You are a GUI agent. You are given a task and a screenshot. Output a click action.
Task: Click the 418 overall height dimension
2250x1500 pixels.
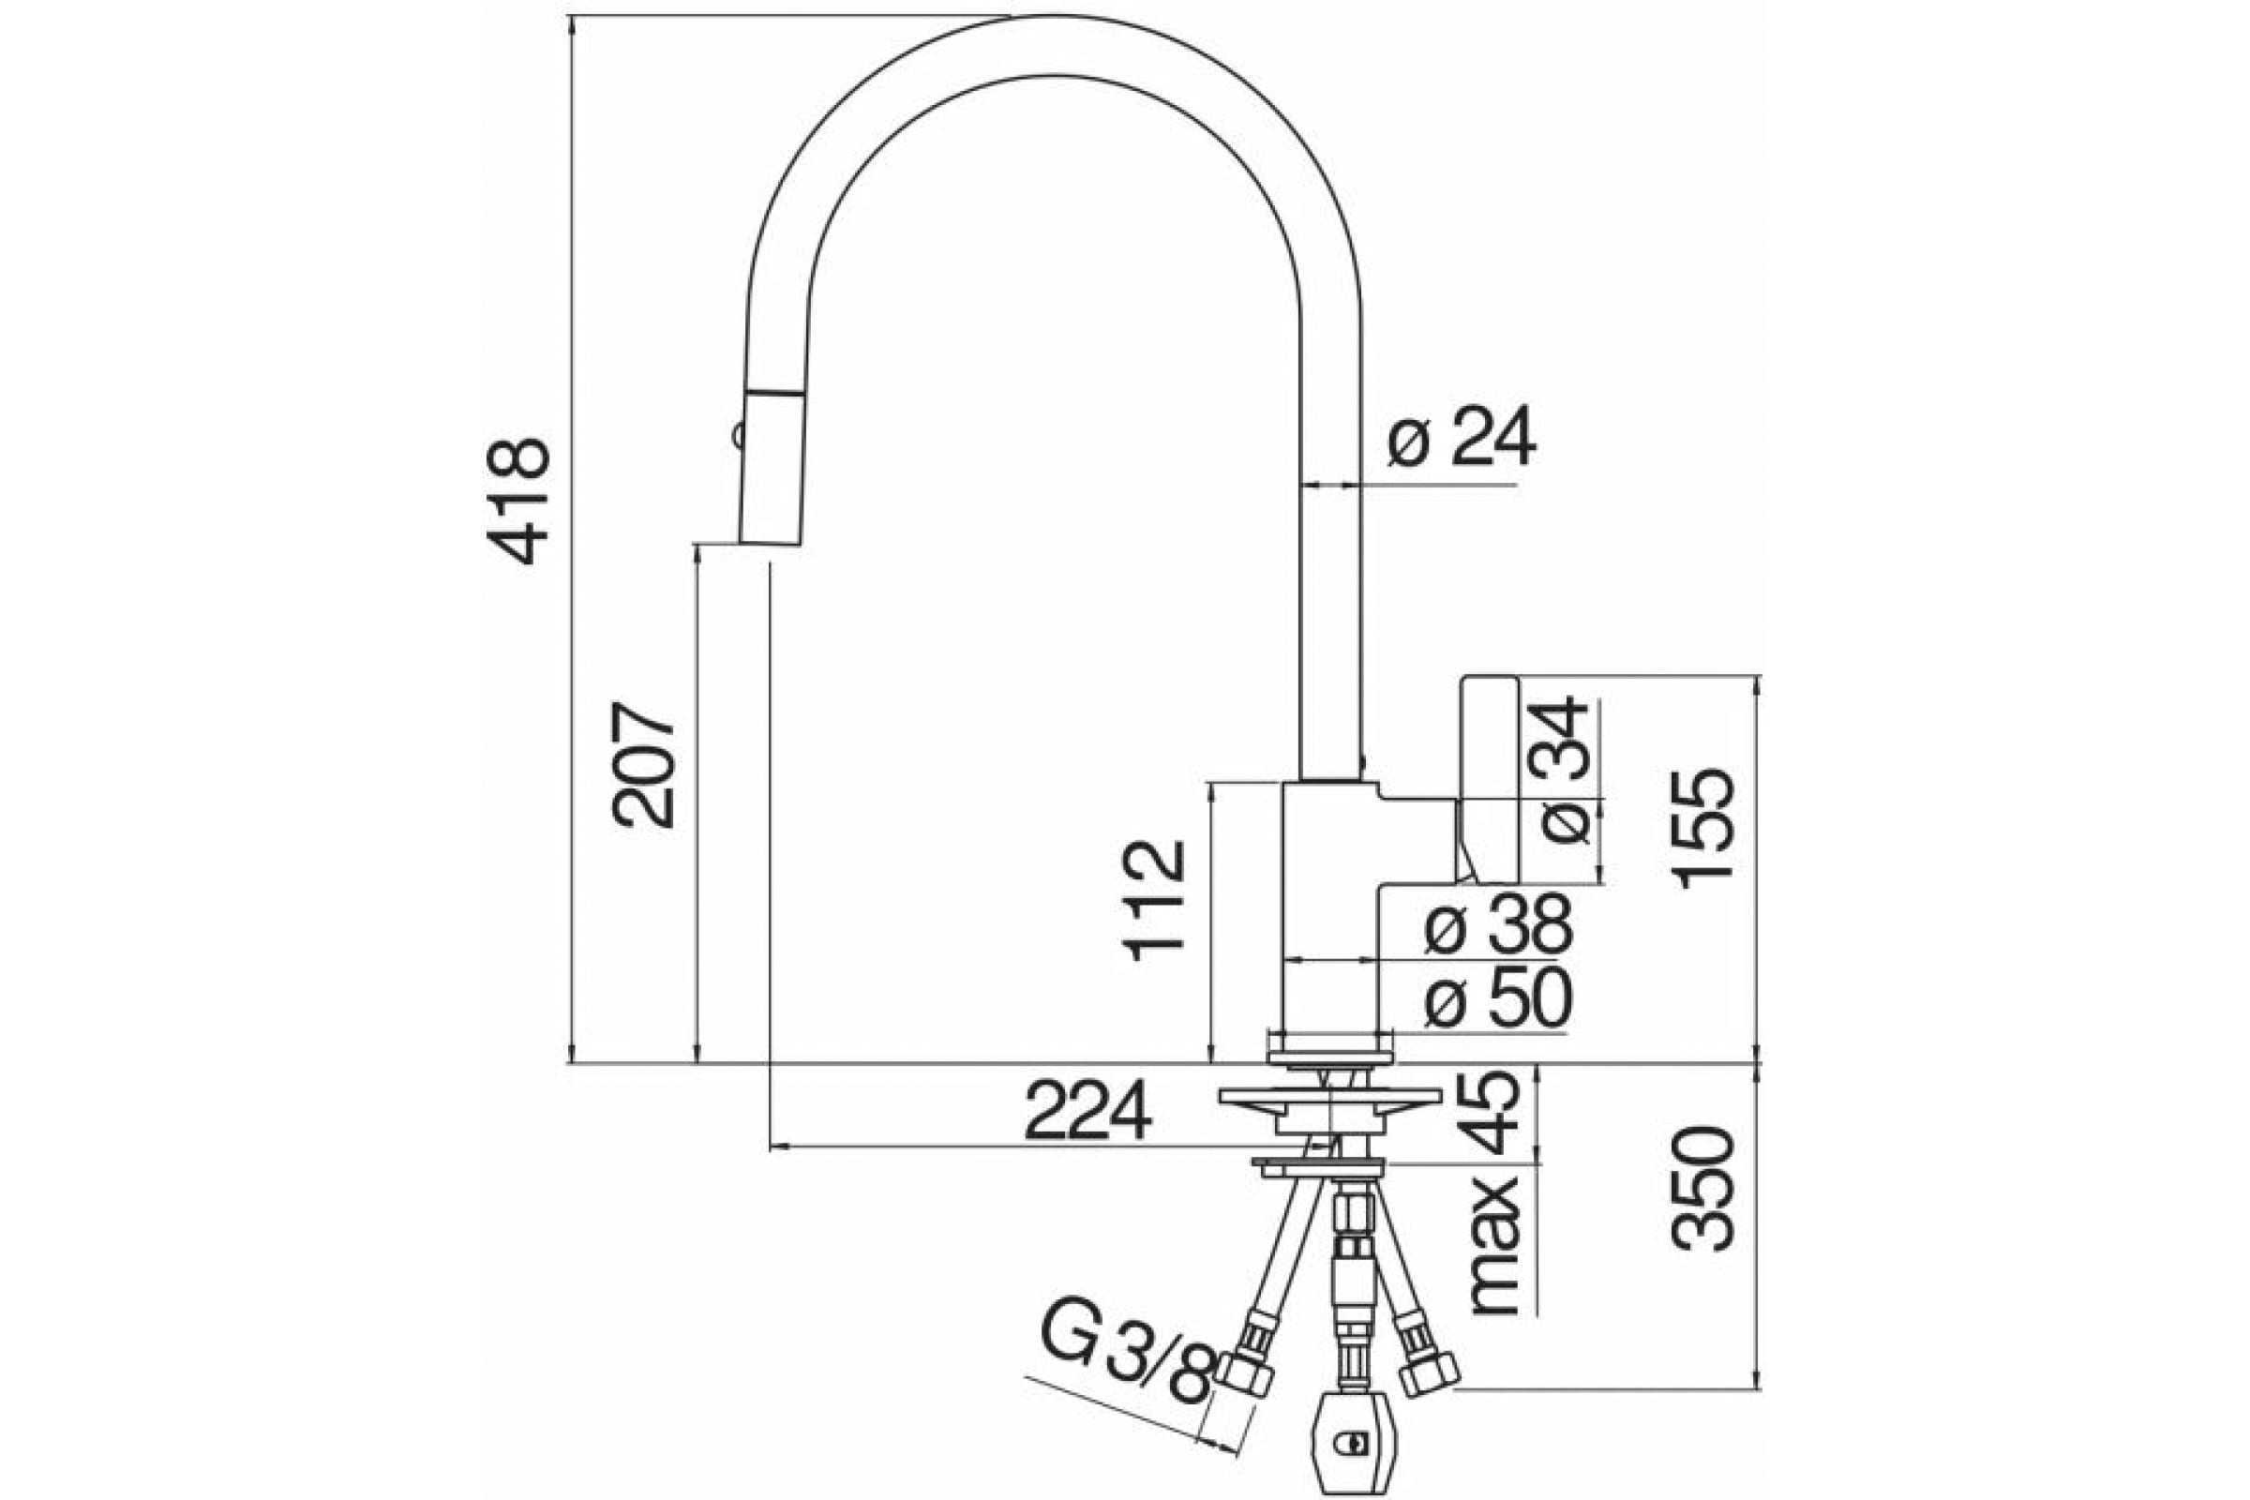[x=518, y=502]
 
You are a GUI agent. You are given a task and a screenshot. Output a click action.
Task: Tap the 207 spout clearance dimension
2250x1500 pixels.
[x=645, y=765]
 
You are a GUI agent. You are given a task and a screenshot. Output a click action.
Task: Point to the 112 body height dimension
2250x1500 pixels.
[x=1156, y=900]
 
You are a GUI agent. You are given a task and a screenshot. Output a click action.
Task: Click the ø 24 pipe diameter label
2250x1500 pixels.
[x=1462, y=435]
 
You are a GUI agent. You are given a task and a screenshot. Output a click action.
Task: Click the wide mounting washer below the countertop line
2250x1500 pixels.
[x=1329, y=1098]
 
